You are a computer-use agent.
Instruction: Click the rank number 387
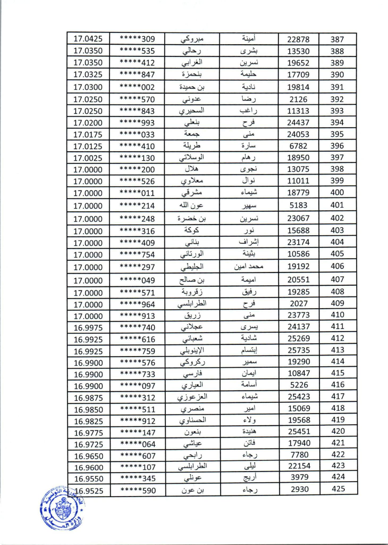coord(338,39)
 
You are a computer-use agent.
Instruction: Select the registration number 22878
coord(298,39)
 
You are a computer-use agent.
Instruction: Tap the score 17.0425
coord(88,39)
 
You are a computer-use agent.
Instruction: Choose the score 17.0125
coord(88,145)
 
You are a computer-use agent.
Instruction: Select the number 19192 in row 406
coord(298,266)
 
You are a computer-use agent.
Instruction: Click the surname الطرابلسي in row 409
coord(194,303)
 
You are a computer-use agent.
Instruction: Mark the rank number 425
coord(338,489)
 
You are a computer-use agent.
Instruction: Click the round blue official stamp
coord(59,510)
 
